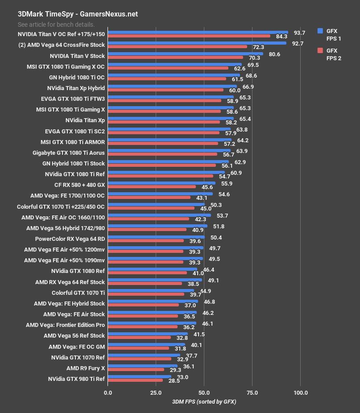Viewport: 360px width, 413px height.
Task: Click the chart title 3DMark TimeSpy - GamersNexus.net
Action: [x=78, y=14]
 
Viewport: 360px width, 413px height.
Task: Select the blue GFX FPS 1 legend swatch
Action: [x=319, y=31]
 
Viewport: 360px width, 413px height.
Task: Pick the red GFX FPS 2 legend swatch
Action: [x=319, y=50]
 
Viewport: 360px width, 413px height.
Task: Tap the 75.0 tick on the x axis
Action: [x=252, y=392]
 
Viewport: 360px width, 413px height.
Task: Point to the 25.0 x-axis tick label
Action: [x=156, y=392]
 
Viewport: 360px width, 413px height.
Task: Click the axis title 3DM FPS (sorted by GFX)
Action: [x=204, y=402]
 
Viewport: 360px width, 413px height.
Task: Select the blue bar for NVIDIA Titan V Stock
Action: [x=185, y=54]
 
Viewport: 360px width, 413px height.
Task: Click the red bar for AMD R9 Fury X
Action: [x=136, y=369]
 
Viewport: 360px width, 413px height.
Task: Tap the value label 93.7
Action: [x=299, y=33]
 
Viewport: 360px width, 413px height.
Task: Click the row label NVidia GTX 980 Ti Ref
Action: [x=76, y=379]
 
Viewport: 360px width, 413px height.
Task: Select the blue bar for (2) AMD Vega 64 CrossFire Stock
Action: [x=197, y=43]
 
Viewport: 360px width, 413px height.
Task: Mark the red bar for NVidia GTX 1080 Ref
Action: [x=147, y=273]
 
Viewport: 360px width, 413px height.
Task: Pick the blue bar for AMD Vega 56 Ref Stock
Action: [x=148, y=334]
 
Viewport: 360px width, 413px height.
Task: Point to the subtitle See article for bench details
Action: [x=56, y=25]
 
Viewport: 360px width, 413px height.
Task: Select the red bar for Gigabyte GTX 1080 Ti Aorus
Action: [x=162, y=154]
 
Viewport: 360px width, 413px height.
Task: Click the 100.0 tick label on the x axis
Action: [x=300, y=392]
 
